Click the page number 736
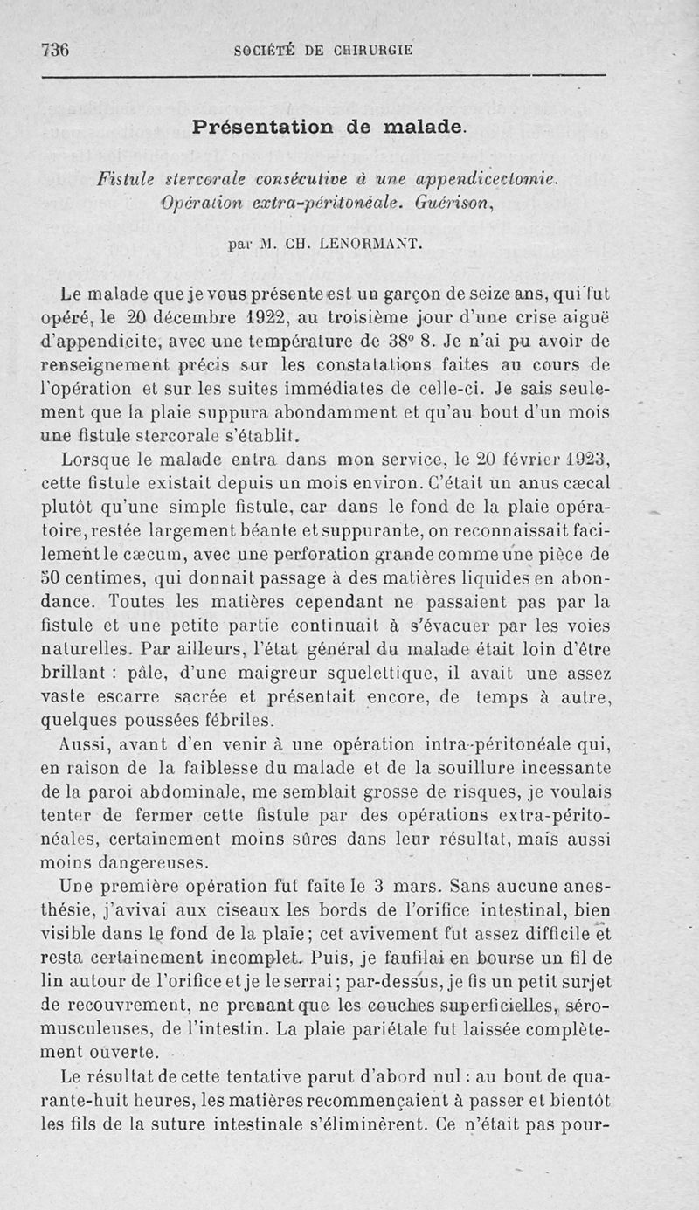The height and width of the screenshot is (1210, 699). coord(55,50)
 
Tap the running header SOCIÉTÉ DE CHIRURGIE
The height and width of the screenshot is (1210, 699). coord(323,51)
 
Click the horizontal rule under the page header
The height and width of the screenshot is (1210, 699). coord(323,77)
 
